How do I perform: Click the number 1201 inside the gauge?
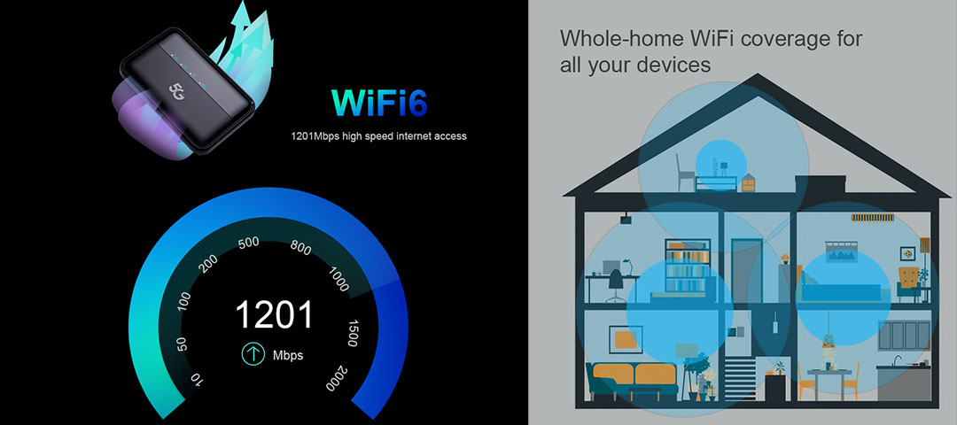[x=274, y=315]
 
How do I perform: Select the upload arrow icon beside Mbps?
[x=254, y=355]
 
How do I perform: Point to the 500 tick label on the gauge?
[x=249, y=242]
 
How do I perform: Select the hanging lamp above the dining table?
[x=829, y=341]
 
